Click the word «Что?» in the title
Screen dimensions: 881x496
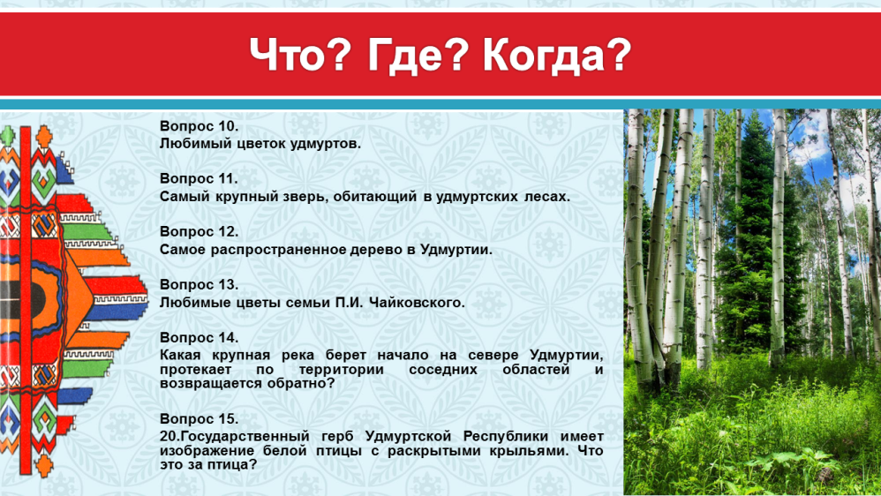pos(301,55)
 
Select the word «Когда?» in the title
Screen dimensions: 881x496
pos(557,55)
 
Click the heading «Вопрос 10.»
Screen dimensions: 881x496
pos(199,126)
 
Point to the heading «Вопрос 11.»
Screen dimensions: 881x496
pos(199,179)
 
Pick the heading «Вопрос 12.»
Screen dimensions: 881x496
pos(199,232)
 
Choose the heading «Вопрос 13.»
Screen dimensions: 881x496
pos(199,285)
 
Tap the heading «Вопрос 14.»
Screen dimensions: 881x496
pos(199,338)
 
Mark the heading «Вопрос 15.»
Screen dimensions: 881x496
pos(199,419)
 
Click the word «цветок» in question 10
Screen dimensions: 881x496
pos(260,144)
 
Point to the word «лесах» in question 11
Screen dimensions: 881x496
pos(546,197)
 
